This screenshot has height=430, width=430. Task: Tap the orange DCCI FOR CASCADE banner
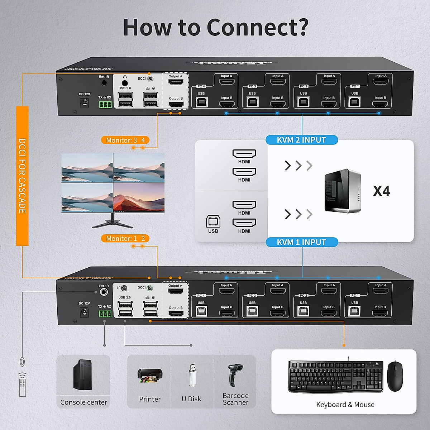[22, 176]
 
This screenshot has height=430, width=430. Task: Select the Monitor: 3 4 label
[125, 140]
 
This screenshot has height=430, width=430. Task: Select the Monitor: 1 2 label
[125, 238]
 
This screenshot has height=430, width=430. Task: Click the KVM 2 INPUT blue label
[301, 140]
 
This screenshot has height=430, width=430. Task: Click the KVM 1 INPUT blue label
[301, 242]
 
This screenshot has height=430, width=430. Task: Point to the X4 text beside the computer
[381, 191]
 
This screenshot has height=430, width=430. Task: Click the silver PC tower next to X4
[342, 191]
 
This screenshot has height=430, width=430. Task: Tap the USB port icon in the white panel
[213, 222]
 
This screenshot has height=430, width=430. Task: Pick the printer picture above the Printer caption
[150, 376]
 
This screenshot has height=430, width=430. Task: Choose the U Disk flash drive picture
[192, 375]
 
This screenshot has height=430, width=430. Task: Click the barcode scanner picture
[235, 375]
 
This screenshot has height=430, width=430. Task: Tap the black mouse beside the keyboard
[395, 376]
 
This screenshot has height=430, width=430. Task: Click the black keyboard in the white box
[335, 376]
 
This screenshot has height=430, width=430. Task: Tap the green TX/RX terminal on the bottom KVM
[105, 314]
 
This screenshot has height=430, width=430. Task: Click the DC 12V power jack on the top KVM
[85, 103]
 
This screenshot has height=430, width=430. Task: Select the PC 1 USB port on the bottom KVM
[354, 311]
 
